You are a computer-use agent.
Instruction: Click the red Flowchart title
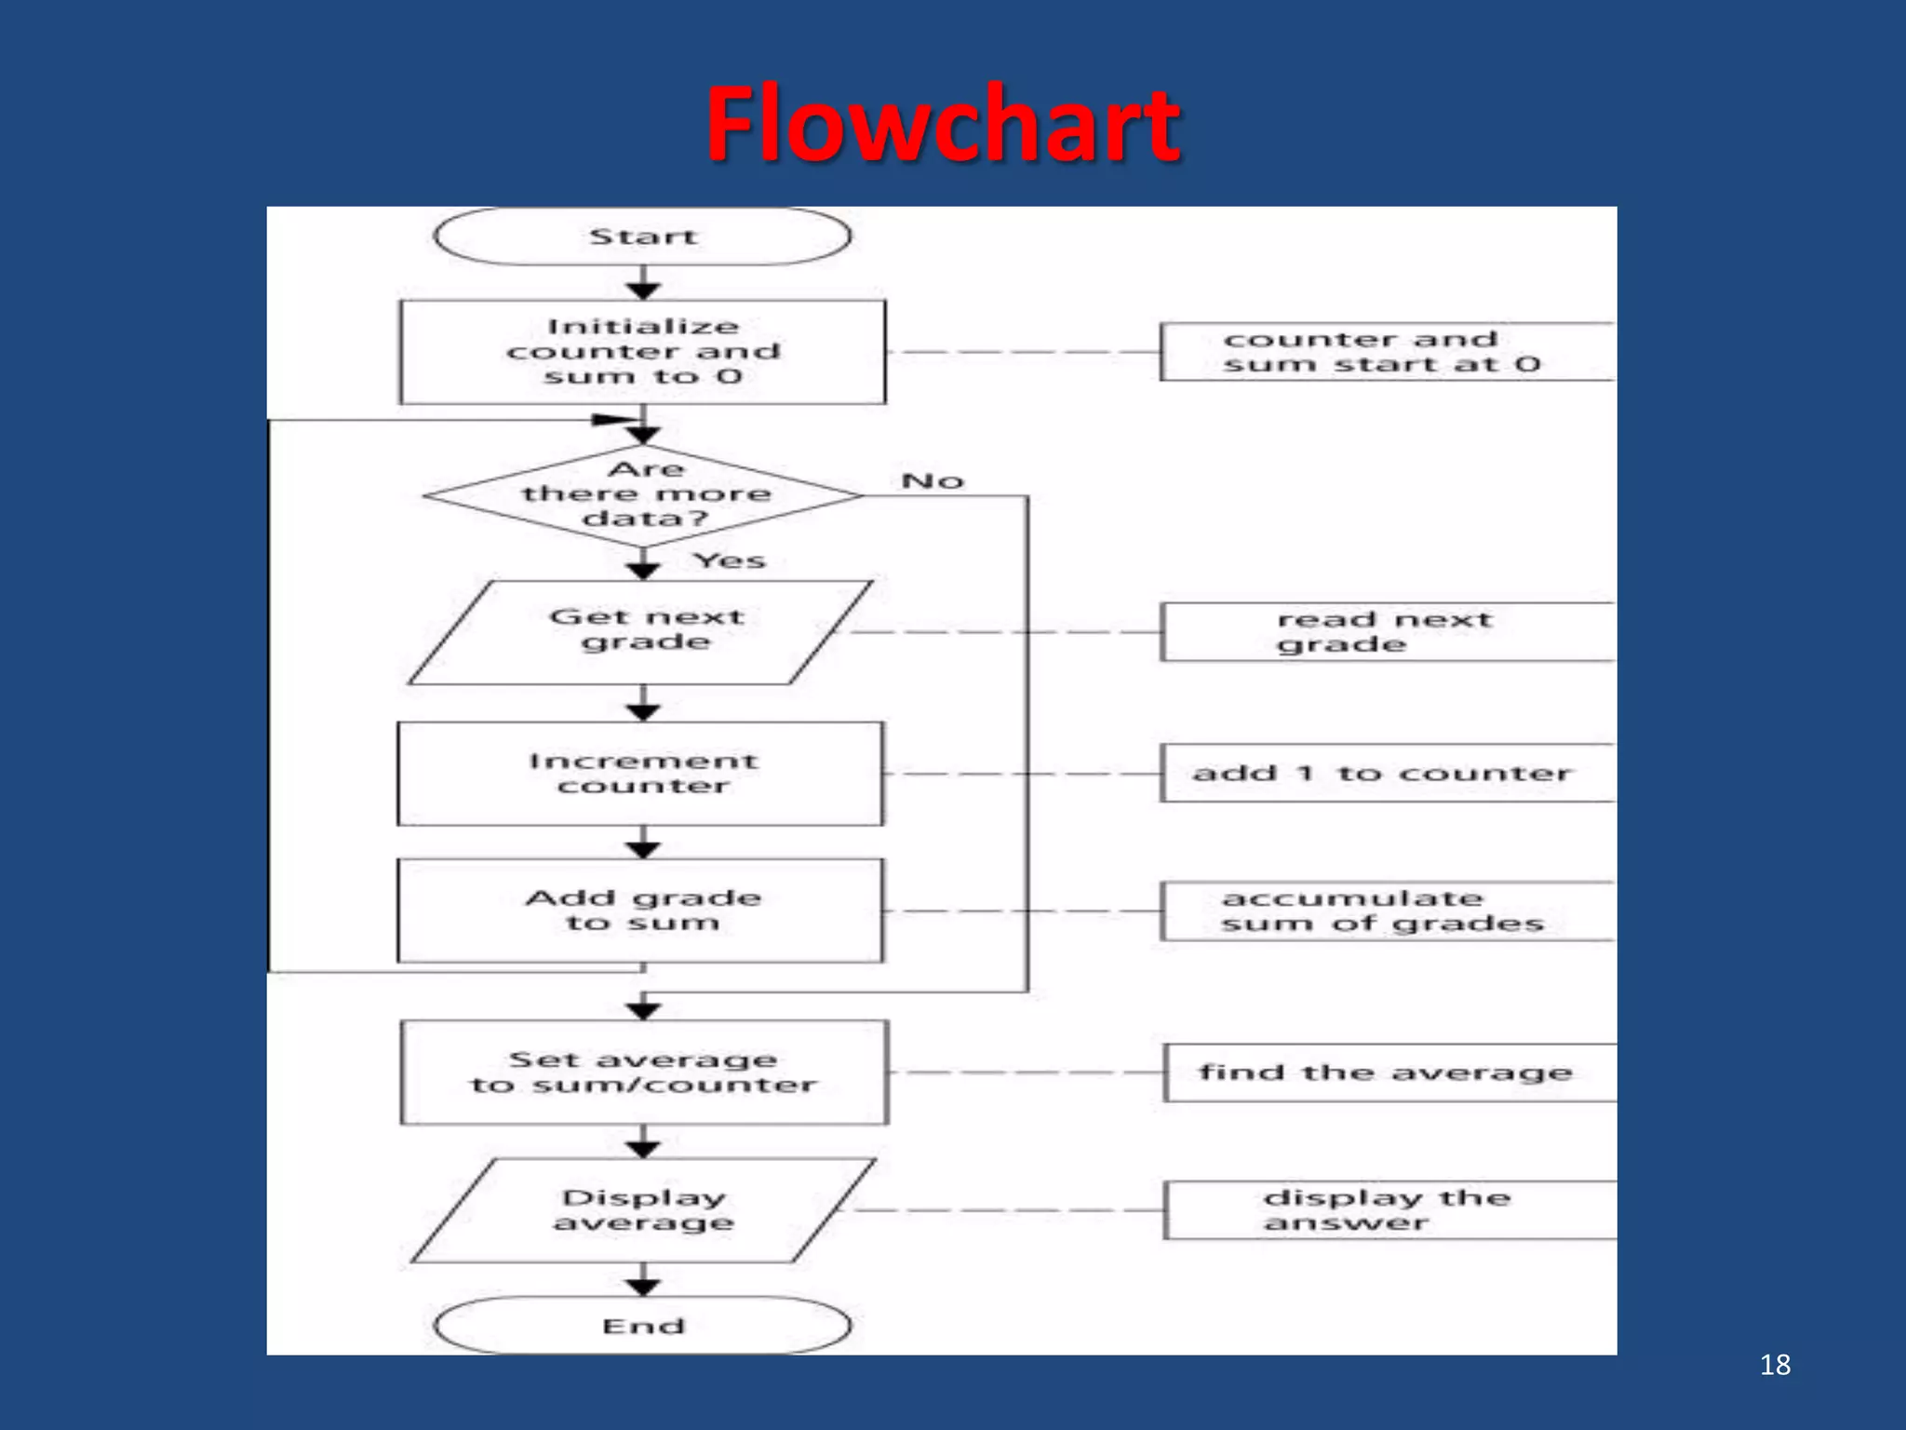(x=943, y=124)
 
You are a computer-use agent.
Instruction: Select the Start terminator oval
(x=642, y=236)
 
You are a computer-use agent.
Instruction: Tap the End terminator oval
(x=642, y=1325)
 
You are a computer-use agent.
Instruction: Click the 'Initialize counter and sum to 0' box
(x=642, y=352)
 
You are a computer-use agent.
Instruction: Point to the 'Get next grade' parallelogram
(x=642, y=631)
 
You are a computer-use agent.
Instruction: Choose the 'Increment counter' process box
(x=640, y=774)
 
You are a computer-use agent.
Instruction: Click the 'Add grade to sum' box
(x=640, y=911)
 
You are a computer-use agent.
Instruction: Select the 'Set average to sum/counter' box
(x=644, y=1072)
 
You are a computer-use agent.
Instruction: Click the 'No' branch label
(x=933, y=481)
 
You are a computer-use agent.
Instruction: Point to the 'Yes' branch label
(x=730, y=560)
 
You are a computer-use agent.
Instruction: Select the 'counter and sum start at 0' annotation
(x=1385, y=352)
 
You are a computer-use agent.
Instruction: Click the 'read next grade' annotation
(x=1385, y=632)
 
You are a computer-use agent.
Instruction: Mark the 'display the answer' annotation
(x=1387, y=1210)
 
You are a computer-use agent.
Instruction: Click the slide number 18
(x=1775, y=1365)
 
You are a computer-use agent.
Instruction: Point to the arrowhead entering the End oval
(x=643, y=1288)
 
